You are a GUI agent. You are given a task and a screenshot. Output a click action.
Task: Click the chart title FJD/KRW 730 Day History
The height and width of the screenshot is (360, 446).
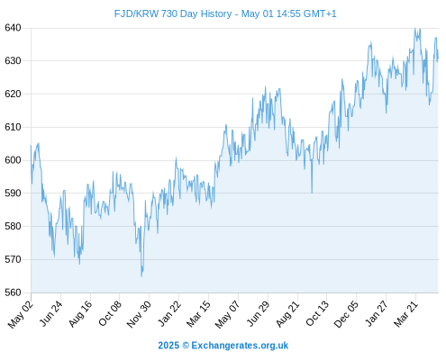click(173, 13)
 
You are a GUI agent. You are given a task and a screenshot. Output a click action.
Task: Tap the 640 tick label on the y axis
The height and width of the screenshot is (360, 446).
click(13, 28)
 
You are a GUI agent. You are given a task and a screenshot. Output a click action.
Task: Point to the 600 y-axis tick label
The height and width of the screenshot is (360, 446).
click(13, 160)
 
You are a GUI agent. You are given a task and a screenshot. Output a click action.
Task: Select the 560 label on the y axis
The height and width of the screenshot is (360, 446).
click(13, 292)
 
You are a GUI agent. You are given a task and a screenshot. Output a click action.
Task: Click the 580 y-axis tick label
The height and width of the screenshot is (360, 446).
click(13, 226)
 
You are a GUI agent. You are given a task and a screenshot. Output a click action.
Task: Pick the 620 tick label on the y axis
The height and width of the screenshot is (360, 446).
click(13, 94)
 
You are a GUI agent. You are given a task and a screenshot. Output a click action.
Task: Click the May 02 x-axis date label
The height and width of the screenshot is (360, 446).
click(21, 314)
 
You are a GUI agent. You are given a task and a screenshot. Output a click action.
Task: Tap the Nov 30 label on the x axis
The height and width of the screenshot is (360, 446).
click(139, 314)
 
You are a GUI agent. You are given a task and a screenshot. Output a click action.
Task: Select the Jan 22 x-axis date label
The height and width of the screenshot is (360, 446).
click(169, 313)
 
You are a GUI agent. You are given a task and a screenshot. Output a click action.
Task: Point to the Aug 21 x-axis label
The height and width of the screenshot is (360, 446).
click(287, 314)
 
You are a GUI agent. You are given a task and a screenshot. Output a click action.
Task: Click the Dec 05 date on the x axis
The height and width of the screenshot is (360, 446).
click(346, 314)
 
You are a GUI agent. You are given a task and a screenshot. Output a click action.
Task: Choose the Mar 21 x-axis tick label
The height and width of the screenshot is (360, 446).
click(405, 314)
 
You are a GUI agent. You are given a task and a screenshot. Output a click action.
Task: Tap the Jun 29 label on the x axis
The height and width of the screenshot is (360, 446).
click(258, 313)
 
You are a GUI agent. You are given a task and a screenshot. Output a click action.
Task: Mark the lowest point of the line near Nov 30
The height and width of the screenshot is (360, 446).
click(141, 276)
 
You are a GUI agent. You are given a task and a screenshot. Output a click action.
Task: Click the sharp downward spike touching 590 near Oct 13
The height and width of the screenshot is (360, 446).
click(312, 193)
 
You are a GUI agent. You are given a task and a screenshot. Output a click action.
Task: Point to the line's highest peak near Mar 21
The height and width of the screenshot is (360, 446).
click(415, 28)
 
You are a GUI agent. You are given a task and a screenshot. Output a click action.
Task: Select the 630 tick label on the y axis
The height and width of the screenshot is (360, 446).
click(13, 61)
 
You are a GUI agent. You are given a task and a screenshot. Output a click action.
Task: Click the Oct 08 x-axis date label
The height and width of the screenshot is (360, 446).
click(110, 313)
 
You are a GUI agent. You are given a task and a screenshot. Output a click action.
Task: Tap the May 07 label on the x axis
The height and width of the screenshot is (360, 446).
click(228, 314)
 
